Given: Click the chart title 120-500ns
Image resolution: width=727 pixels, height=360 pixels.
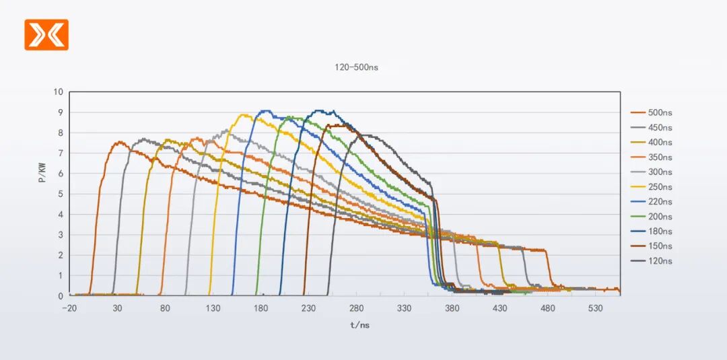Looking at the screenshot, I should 356,67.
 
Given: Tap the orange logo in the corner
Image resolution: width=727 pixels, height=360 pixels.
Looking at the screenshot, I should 46,34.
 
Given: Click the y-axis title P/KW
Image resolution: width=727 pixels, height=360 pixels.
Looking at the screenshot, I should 42,173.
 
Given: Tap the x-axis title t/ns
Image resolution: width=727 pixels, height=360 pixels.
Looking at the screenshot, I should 359,325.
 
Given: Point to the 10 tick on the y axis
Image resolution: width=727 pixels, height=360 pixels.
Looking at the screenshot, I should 59,92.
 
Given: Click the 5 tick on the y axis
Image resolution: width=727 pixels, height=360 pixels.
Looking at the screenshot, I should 61,194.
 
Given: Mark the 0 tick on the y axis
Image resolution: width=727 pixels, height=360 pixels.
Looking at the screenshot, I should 61,296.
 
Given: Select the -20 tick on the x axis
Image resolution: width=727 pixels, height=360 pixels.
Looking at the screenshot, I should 69,308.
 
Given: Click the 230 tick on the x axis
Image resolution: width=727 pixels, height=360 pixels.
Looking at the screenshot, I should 308,308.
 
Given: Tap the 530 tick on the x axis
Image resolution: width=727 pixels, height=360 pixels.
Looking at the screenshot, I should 596,308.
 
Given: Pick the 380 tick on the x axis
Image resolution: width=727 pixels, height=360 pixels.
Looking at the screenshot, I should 452,308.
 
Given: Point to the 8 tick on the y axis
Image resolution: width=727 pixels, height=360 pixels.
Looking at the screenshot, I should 61,133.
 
